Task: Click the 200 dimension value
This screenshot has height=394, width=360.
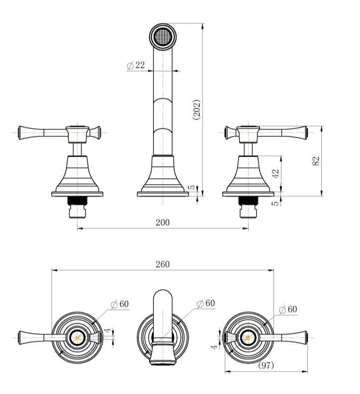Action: [163, 222]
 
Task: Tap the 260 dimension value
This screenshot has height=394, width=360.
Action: [163, 264]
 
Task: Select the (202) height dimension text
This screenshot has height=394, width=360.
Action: [197, 110]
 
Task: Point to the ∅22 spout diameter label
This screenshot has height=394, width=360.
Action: [136, 65]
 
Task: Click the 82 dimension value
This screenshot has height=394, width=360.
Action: [316, 161]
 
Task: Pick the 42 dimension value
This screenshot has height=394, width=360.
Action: [275, 174]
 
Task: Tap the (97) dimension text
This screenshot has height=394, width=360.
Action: [266, 365]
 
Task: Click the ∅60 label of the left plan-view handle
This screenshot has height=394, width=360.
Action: [120, 304]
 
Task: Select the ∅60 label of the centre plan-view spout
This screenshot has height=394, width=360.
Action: [206, 303]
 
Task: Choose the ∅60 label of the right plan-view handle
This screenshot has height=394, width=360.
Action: [288, 309]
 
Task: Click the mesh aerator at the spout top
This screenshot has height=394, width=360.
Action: [163, 36]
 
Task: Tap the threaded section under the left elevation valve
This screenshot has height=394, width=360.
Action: [77, 200]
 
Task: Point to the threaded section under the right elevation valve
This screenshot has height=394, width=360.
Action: [248, 200]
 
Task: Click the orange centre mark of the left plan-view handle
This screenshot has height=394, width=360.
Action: [77, 338]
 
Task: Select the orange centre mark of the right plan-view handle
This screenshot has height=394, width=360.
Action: [248, 338]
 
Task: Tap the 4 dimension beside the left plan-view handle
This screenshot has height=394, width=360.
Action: [107, 331]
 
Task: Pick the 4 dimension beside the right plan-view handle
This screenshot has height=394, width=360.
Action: [214, 347]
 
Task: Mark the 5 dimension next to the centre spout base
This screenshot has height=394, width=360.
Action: [191, 187]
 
